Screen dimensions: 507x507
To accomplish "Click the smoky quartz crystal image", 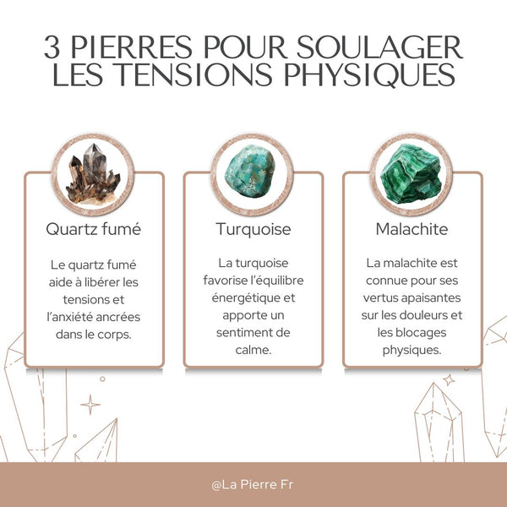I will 94,176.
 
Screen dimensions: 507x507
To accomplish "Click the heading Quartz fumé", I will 94,229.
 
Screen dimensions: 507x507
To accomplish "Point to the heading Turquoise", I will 253,229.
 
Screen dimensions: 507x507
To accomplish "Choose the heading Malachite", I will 412,229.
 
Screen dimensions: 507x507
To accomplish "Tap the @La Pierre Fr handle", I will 253,485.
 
